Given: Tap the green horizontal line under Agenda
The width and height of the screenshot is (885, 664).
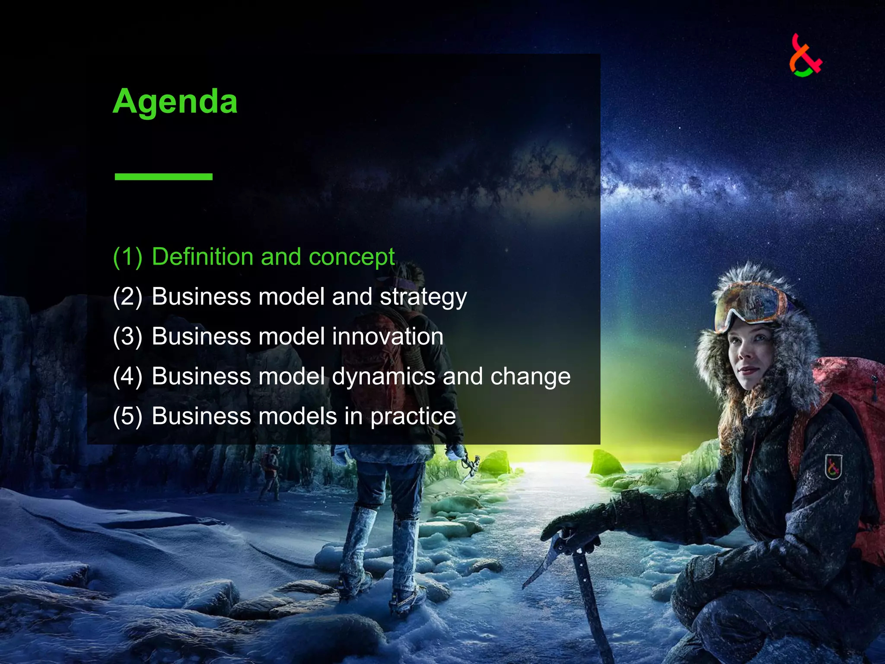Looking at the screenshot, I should [163, 176].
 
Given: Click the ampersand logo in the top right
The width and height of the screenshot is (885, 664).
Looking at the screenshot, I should [805, 57].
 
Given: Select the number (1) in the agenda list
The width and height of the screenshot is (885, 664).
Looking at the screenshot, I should [127, 257].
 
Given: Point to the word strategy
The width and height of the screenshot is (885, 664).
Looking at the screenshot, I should [423, 297].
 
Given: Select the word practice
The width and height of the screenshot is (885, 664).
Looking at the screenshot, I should [413, 416].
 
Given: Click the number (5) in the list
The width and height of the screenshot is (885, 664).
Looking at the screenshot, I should [127, 416].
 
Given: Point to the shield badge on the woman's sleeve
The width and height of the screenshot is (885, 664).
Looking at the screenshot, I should [833, 467].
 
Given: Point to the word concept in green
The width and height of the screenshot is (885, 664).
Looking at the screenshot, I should [351, 257].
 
